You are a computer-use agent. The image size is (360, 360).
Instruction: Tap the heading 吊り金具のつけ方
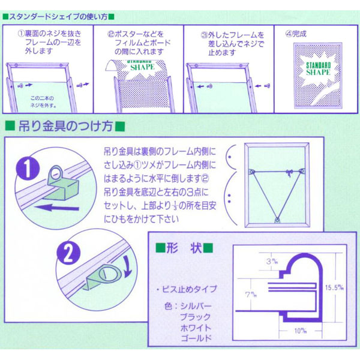point(65,127)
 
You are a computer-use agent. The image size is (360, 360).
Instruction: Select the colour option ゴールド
point(199,338)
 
